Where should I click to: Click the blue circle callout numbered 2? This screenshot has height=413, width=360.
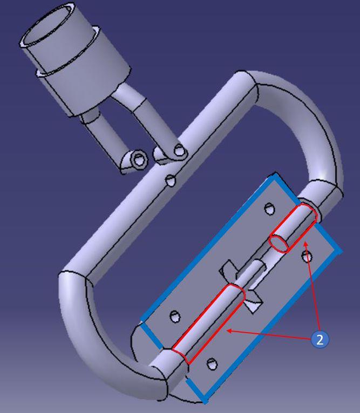pyautogui.click(x=320, y=340)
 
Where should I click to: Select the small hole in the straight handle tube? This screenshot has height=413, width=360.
pyautogui.click(x=171, y=180)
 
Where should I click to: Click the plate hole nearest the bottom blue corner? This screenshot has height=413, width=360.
pyautogui.click(x=213, y=366)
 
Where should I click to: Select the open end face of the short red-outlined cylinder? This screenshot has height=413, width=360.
pyautogui.click(x=279, y=243)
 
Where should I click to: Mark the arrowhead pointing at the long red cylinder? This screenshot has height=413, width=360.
pyautogui.click(x=228, y=331)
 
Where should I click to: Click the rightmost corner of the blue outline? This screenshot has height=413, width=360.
pyautogui.click(x=340, y=251)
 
